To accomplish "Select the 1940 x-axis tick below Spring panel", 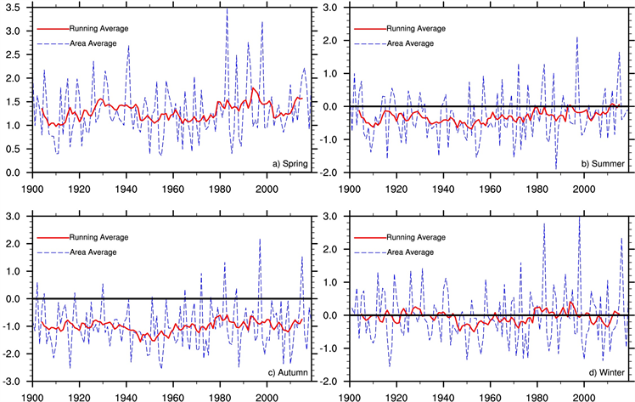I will pos(126,188).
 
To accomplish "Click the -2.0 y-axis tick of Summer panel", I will pos(333,173).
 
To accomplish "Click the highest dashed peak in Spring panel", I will pos(227,10).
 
